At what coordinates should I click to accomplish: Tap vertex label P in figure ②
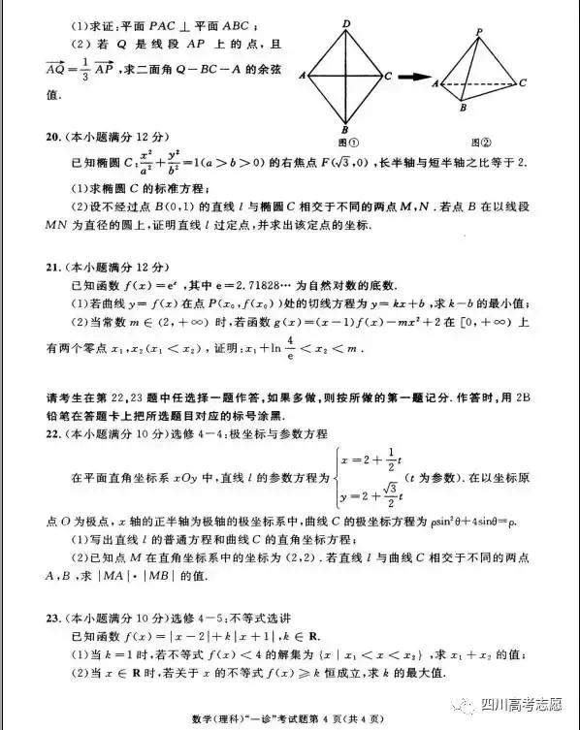[x=479, y=32]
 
